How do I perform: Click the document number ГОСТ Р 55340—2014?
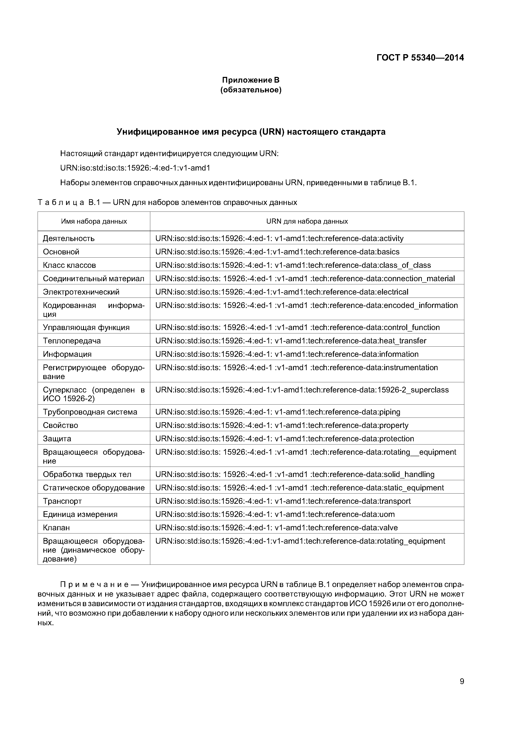tap(420, 58)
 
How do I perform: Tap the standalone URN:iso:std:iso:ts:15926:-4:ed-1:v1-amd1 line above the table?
tap(135, 168)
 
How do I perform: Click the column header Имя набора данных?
tap(94, 221)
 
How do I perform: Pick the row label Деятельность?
tap(69, 238)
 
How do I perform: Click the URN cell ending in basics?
tap(277, 252)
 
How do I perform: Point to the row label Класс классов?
tap(69, 265)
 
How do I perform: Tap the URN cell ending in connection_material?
tap(305, 278)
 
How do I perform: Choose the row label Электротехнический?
tap(81, 292)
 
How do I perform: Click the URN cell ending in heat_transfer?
tap(291, 341)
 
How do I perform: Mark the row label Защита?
tap(57, 439)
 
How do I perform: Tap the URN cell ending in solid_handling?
tap(295, 474)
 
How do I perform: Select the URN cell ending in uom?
tap(275, 514)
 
